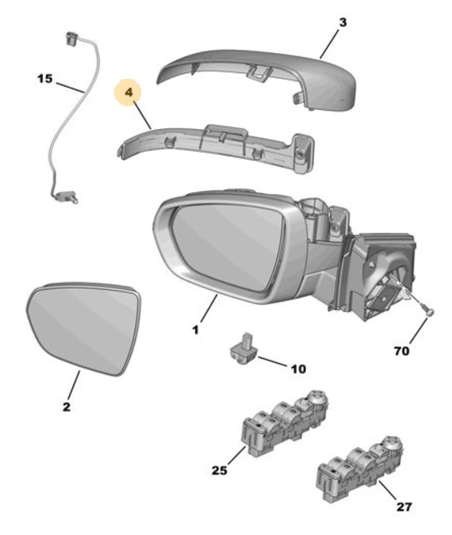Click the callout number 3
point(342,23)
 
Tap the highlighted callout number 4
point(129,92)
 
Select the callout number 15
point(45,79)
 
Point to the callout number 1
point(195,330)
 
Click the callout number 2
point(67,407)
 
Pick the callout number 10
point(298,369)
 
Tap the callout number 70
point(401,350)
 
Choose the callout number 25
point(220,471)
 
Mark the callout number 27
point(404,507)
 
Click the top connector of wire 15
point(71,38)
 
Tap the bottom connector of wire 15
point(67,196)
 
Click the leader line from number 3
point(329,44)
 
